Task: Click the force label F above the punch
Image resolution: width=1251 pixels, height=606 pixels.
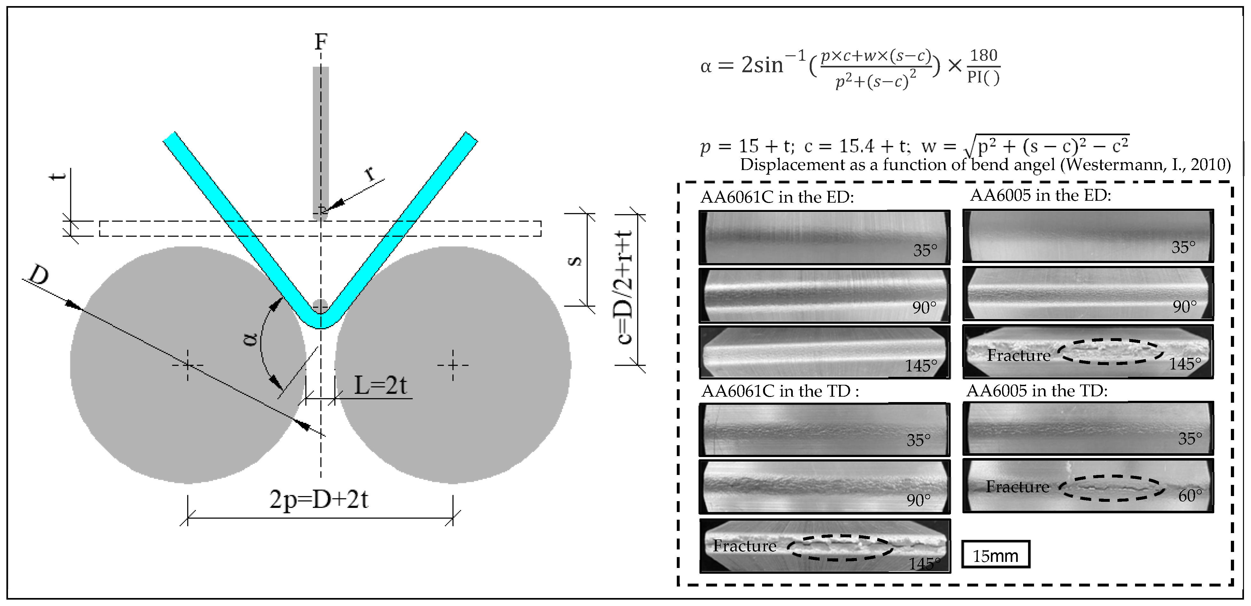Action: pyautogui.click(x=320, y=42)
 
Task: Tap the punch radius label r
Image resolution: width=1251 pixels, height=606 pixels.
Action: pyautogui.click(x=372, y=173)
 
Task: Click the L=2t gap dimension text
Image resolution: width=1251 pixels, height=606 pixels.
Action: pyautogui.click(x=380, y=386)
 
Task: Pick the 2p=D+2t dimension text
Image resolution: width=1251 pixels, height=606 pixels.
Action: pyautogui.click(x=319, y=499)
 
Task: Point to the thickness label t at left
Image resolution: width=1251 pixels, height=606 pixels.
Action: pyautogui.click(x=58, y=176)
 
